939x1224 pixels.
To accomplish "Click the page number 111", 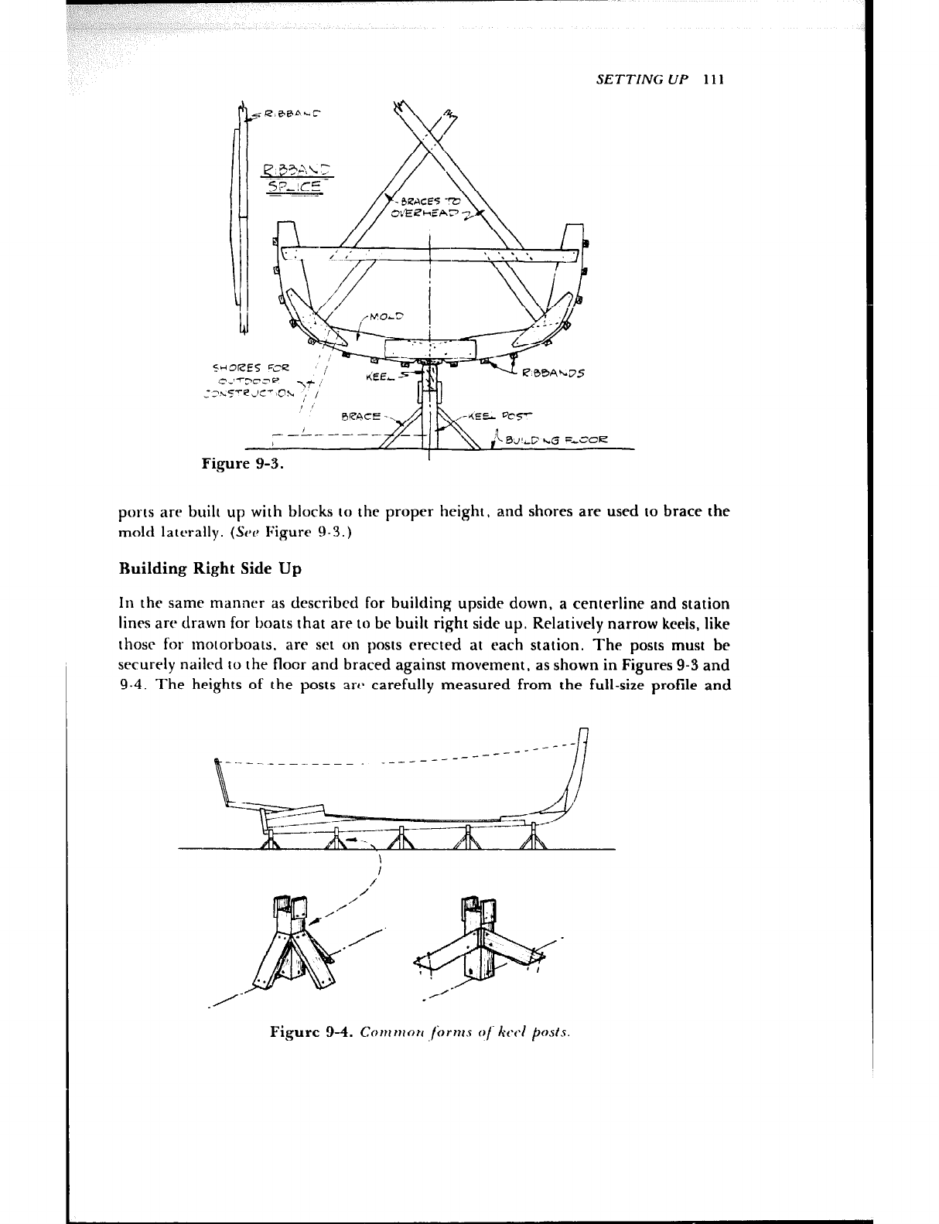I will tap(713, 80).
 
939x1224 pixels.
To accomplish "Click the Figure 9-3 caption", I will tap(242, 464).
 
